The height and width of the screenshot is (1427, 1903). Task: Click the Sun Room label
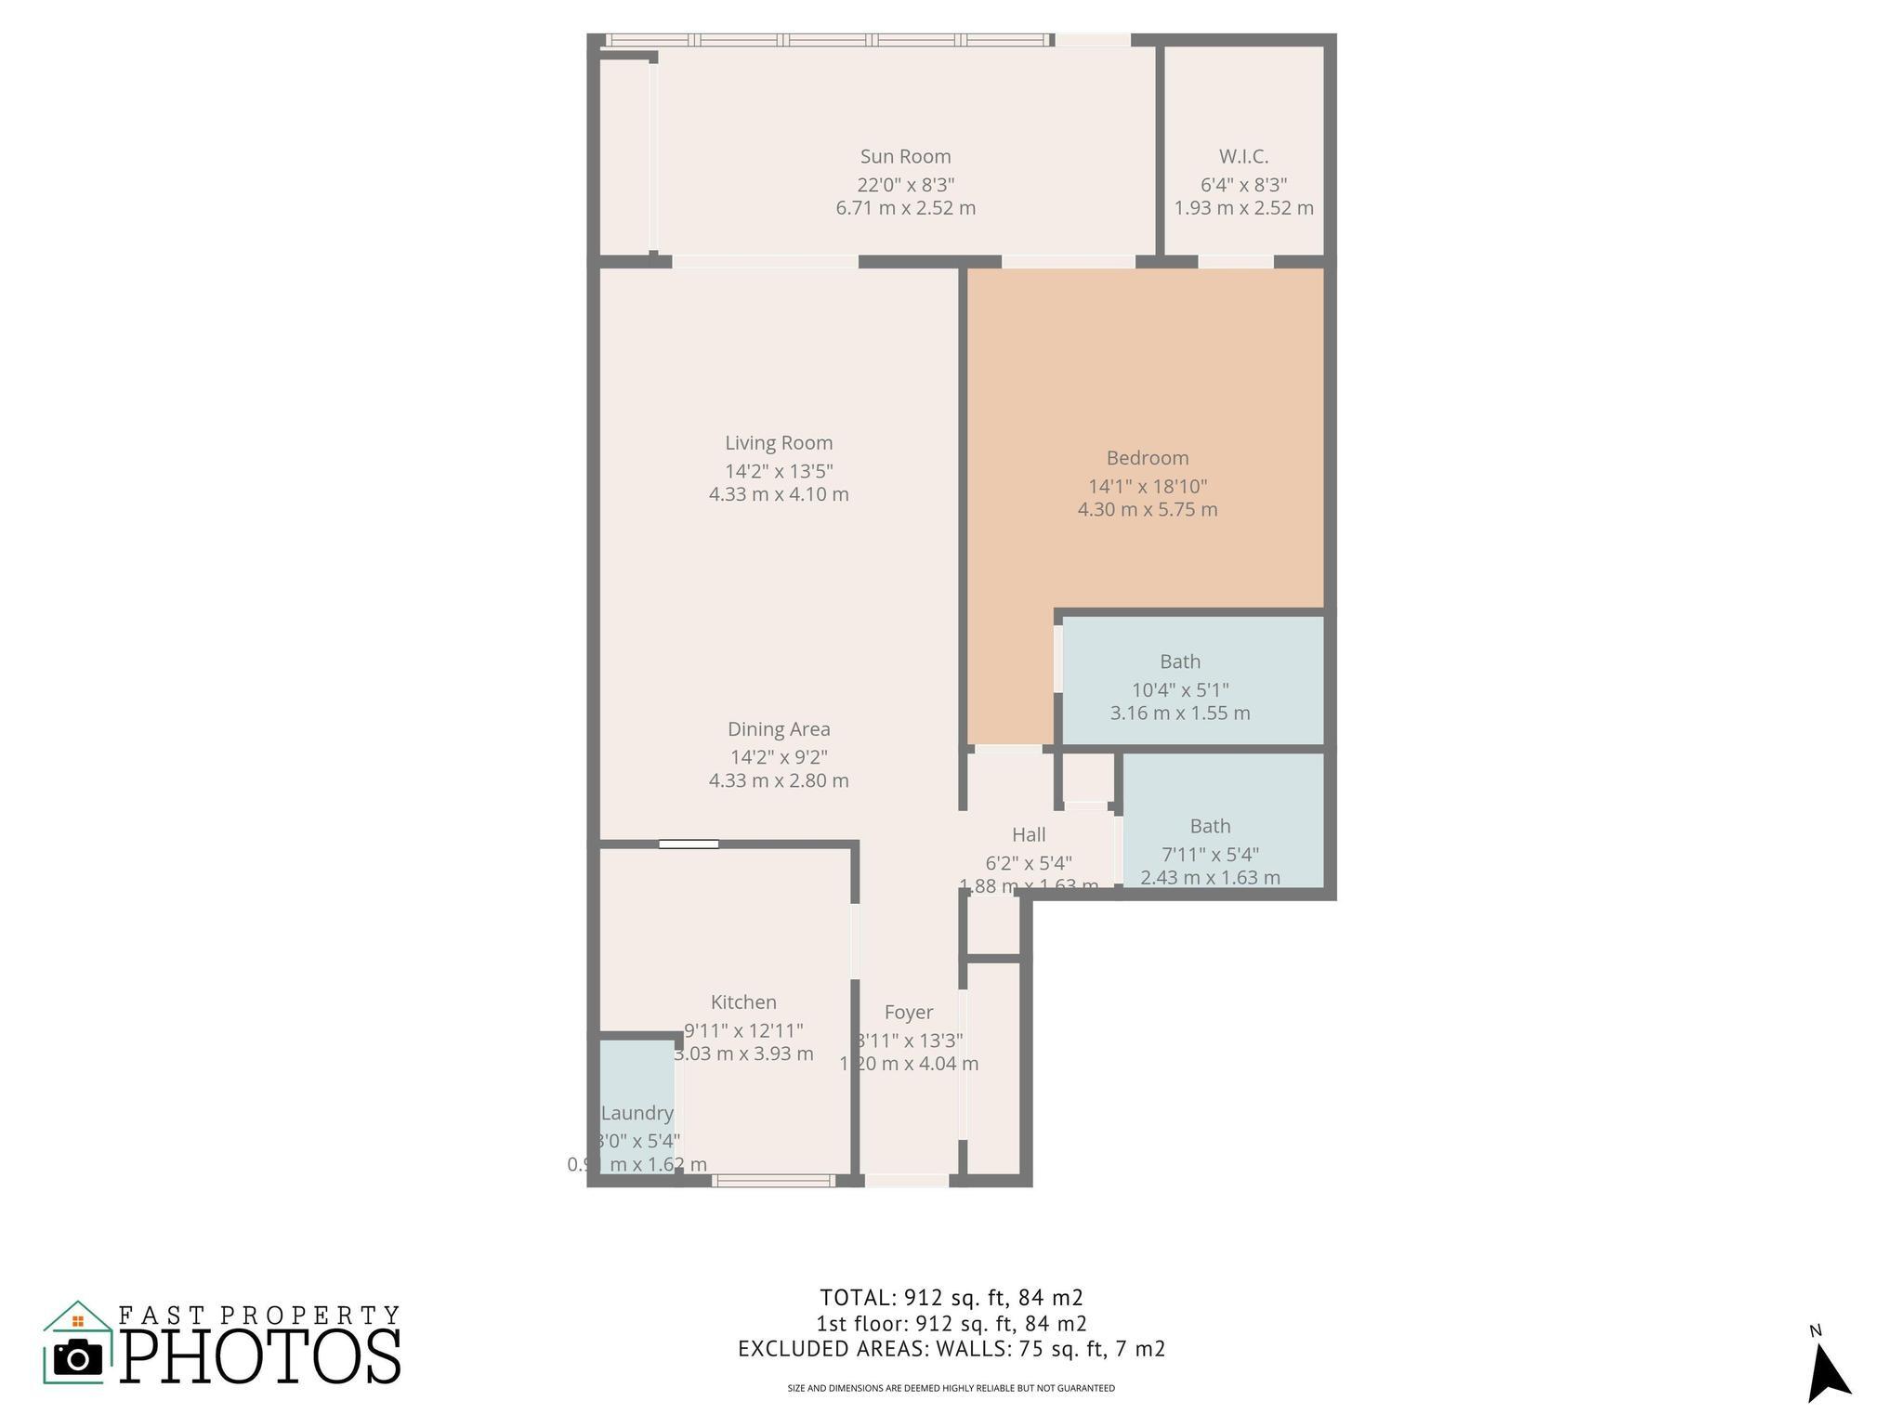tap(905, 157)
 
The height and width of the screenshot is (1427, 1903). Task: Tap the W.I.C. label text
tap(1243, 157)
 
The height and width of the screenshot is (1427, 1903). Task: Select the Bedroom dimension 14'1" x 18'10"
tap(1148, 486)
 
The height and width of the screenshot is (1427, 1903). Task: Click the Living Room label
tap(779, 443)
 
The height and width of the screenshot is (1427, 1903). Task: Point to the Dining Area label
tap(779, 729)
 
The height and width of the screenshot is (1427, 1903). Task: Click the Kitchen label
tap(743, 1002)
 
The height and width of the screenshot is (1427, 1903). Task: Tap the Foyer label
tap(909, 1013)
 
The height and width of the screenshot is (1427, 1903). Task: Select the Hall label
tap(1029, 835)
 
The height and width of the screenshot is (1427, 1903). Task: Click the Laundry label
tap(637, 1113)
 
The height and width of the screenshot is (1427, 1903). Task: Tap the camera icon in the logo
tap(78, 1358)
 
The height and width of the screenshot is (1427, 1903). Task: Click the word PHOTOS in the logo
tap(261, 1357)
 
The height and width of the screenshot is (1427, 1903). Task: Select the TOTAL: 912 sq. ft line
tap(951, 1297)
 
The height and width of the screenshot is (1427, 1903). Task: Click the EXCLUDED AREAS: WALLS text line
tap(951, 1349)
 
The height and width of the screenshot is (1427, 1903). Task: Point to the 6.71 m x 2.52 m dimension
tap(905, 208)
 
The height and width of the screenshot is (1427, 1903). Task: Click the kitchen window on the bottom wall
tap(774, 1181)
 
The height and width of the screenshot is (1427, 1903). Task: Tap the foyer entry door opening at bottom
tap(907, 1181)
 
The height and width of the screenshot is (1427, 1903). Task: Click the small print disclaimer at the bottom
tap(951, 1388)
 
